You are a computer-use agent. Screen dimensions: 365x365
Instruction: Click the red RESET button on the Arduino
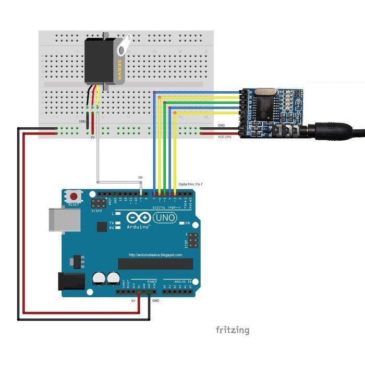click(75, 197)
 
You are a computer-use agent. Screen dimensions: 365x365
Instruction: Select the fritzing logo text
click(233, 330)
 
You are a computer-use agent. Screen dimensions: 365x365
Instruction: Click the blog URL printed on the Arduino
click(155, 255)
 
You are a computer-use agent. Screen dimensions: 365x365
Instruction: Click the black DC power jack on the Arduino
click(71, 282)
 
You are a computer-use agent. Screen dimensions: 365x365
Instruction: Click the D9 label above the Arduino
click(140, 178)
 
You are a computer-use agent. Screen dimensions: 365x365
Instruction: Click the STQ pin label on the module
click(242, 113)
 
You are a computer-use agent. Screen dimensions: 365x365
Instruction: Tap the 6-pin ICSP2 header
click(98, 201)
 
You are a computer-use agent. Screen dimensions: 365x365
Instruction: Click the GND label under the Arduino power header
click(155, 301)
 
